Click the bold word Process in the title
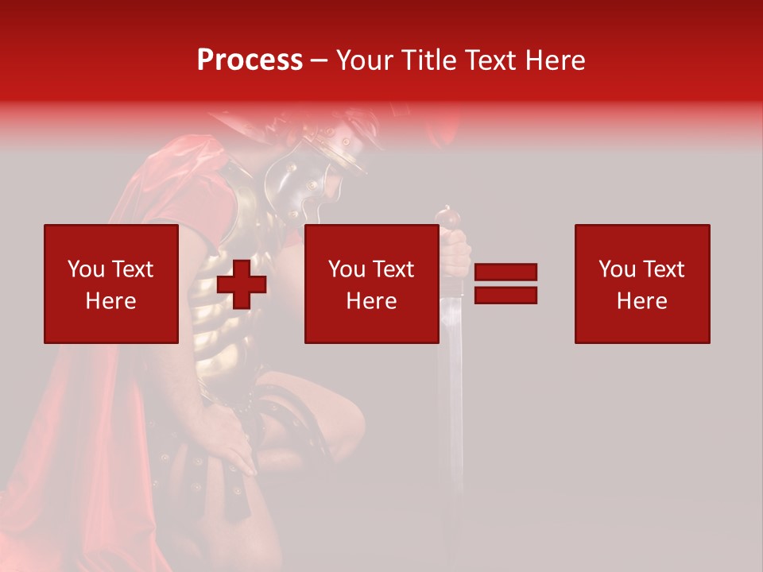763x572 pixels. pyautogui.click(x=250, y=60)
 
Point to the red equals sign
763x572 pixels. pyautogui.click(x=506, y=284)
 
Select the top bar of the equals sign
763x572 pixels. pyautogui.click(x=506, y=272)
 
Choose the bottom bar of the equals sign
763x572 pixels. pyautogui.click(x=506, y=296)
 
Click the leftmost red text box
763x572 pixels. pyautogui.click(x=111, y=284)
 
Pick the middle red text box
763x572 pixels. pyautogui.click(x=372, y=284)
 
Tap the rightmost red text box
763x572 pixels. pyautogui.click(x=642, y=284)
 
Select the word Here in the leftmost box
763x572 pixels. pyautogui.click(x=110, y=301)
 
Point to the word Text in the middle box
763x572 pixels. pyautogui.click(x=393, y=269)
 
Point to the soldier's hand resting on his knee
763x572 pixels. pyautogui.click(x=230, y=445)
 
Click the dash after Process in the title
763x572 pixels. pyautogui.click(x=320, y=60)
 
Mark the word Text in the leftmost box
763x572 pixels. pyautogui.click(x=132, y=269)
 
